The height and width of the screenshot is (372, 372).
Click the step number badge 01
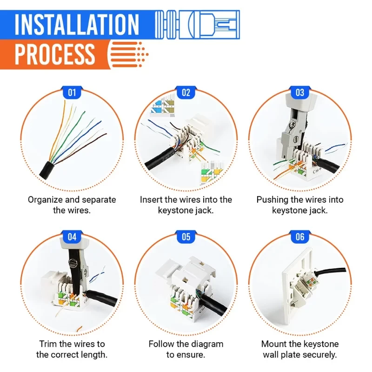coord(72,92)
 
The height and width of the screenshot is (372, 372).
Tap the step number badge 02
coord(186,92)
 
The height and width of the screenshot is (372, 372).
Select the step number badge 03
coord(300,92)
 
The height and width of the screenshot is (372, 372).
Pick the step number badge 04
coord(72,237)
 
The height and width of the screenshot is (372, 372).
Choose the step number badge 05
coord(186,237)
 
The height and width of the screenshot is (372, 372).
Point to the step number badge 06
coord(300,237)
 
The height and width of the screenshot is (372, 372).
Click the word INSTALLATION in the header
coord(77,25)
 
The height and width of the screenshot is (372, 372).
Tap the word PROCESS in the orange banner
coord(54,54)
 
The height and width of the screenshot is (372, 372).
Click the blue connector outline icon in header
coord(197,25)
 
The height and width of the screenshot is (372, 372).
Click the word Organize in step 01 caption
coord(45,200)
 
